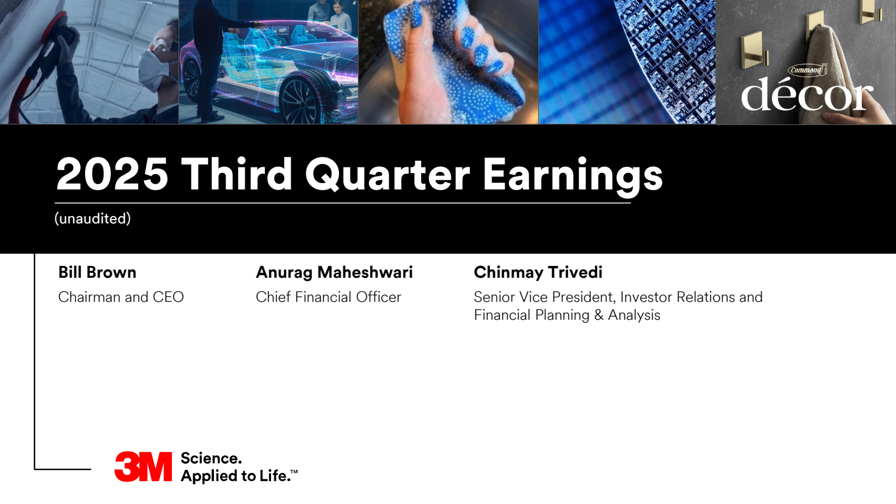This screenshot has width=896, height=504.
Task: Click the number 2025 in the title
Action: click(112, 174)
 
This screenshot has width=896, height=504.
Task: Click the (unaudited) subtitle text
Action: click(92, 218)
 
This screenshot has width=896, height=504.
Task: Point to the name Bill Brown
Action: click(97, 272)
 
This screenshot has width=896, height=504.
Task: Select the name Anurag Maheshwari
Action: click(334, 273)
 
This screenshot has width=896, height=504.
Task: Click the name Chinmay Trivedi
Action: click(538, 273)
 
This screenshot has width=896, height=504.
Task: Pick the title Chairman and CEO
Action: click(121, 297)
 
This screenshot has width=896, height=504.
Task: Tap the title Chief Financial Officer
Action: click(328, 297)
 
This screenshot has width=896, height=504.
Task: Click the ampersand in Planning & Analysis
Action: click(599, 315)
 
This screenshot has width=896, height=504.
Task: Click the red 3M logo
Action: click(143, 467)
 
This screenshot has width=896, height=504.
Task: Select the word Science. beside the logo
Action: click(211, 459)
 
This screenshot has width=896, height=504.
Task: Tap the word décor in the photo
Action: click(807, 95)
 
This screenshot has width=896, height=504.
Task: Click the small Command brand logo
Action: click(808, 70)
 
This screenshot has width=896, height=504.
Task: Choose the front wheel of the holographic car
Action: click(301, 100)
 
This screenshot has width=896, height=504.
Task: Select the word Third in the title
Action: click(236, 174)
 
